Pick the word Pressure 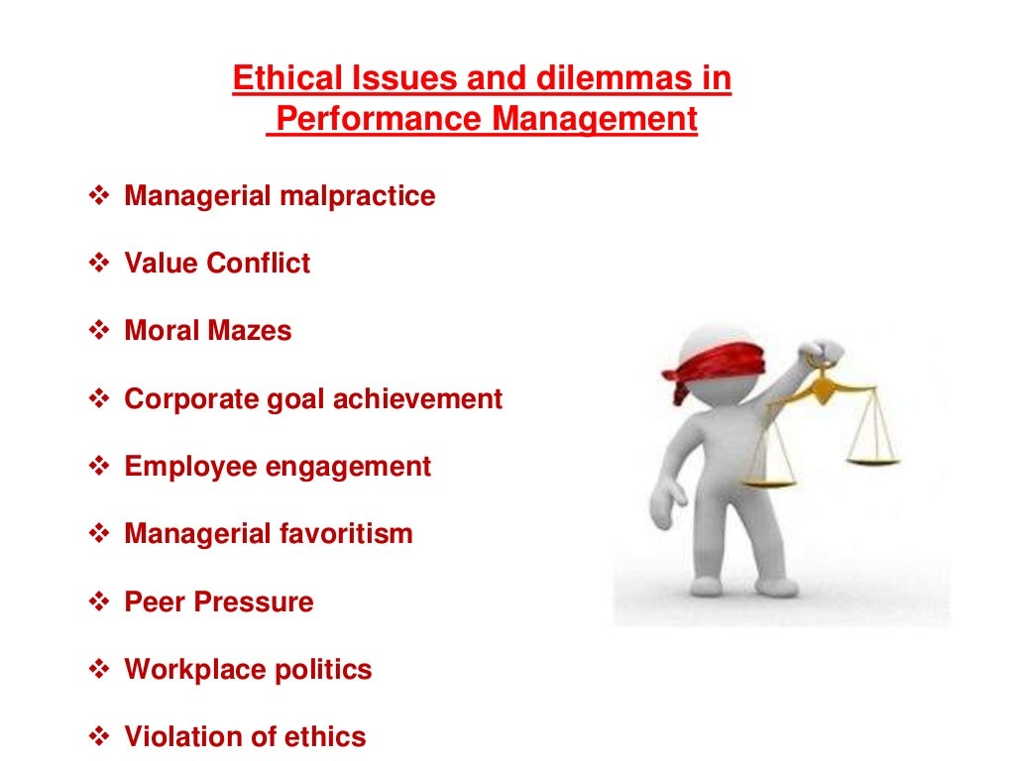(x=263, y=602)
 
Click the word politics (x=325, y=670)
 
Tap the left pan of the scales (x=767, y=482)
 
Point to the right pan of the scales (x=872, y=460)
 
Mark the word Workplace (x=190, y=670)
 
